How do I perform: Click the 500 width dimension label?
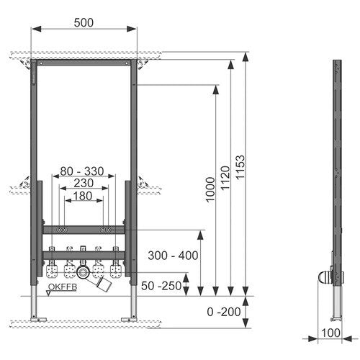pos(84,23)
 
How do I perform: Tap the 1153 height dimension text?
pos(240,167)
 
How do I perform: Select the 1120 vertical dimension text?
pos(225,178)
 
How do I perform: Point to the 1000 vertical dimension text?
pos(211,189)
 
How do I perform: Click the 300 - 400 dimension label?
pos(173,256)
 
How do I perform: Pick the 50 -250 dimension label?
pos(161,286)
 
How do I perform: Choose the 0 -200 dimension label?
pos(224,312)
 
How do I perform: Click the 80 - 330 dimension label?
pos(82,171)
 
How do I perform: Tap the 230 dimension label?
pos(84,183)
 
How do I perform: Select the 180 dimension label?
pos(83,196)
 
